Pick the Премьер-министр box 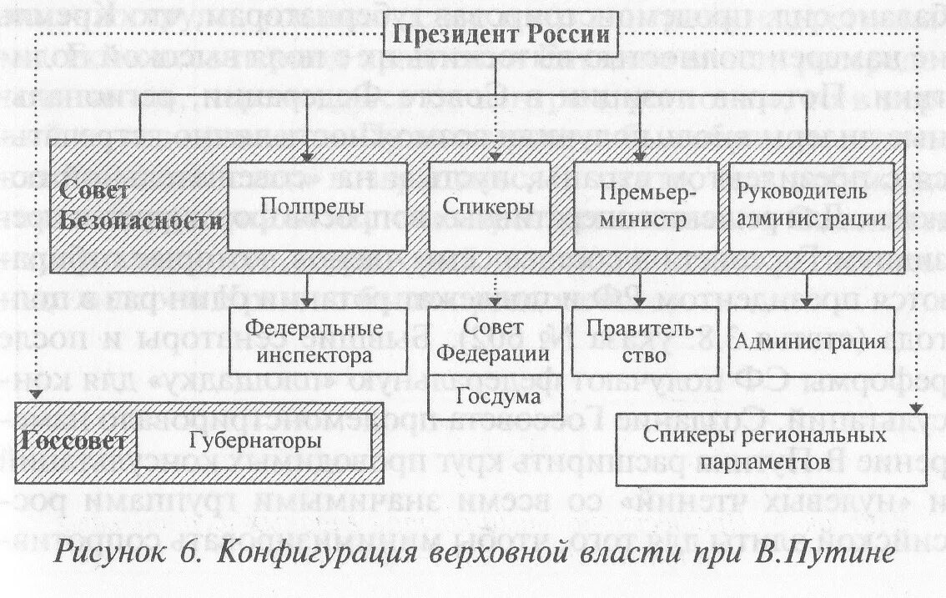[646, 205]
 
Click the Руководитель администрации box [811, 205]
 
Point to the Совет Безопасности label [138, 206]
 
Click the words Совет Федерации [494, 340]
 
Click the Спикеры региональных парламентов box [764, 449]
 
